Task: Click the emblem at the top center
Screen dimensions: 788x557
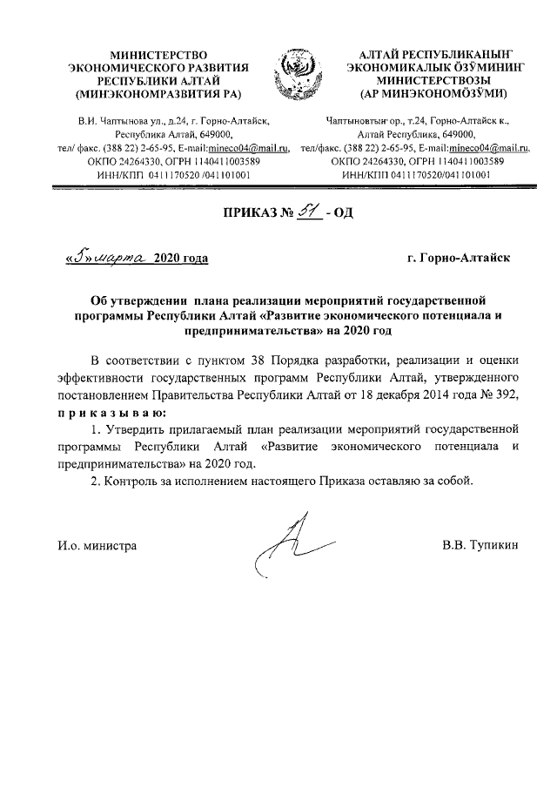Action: (x=298, y=75)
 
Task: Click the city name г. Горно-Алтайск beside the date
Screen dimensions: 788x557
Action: (x=460, y=259)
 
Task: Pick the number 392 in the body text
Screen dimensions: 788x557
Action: (x=505, y=395)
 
